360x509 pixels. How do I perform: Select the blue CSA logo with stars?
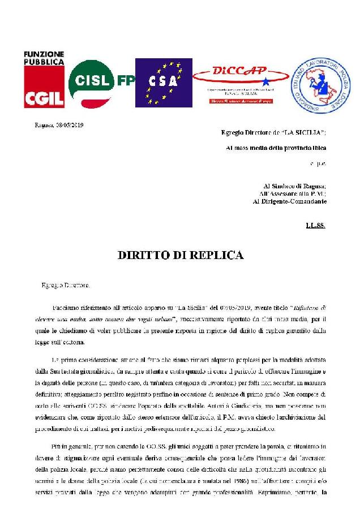tap(163, 83)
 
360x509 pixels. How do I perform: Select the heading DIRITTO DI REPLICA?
tap(181, 255)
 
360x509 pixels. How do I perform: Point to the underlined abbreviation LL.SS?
tap(316, 225)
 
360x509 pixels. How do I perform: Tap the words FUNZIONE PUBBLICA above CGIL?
tap(44, 58)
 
